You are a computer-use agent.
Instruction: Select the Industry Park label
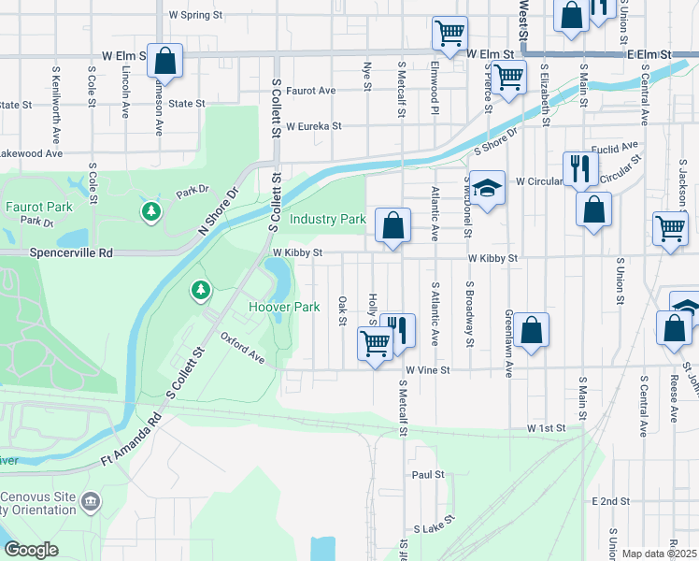point(327,220)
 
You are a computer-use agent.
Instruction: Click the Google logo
point(31,550)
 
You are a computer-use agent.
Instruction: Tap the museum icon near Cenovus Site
point(91,502)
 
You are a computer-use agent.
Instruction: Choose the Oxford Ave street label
point(243,347)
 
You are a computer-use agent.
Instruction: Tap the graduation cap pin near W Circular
point(487,189)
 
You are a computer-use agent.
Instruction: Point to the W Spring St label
point(195,15)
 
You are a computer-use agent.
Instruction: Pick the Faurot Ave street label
point(311,91)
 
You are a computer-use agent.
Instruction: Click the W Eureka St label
point(314,125)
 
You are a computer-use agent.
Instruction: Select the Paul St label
point(428,474)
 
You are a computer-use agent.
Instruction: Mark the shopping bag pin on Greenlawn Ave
point(531,330)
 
